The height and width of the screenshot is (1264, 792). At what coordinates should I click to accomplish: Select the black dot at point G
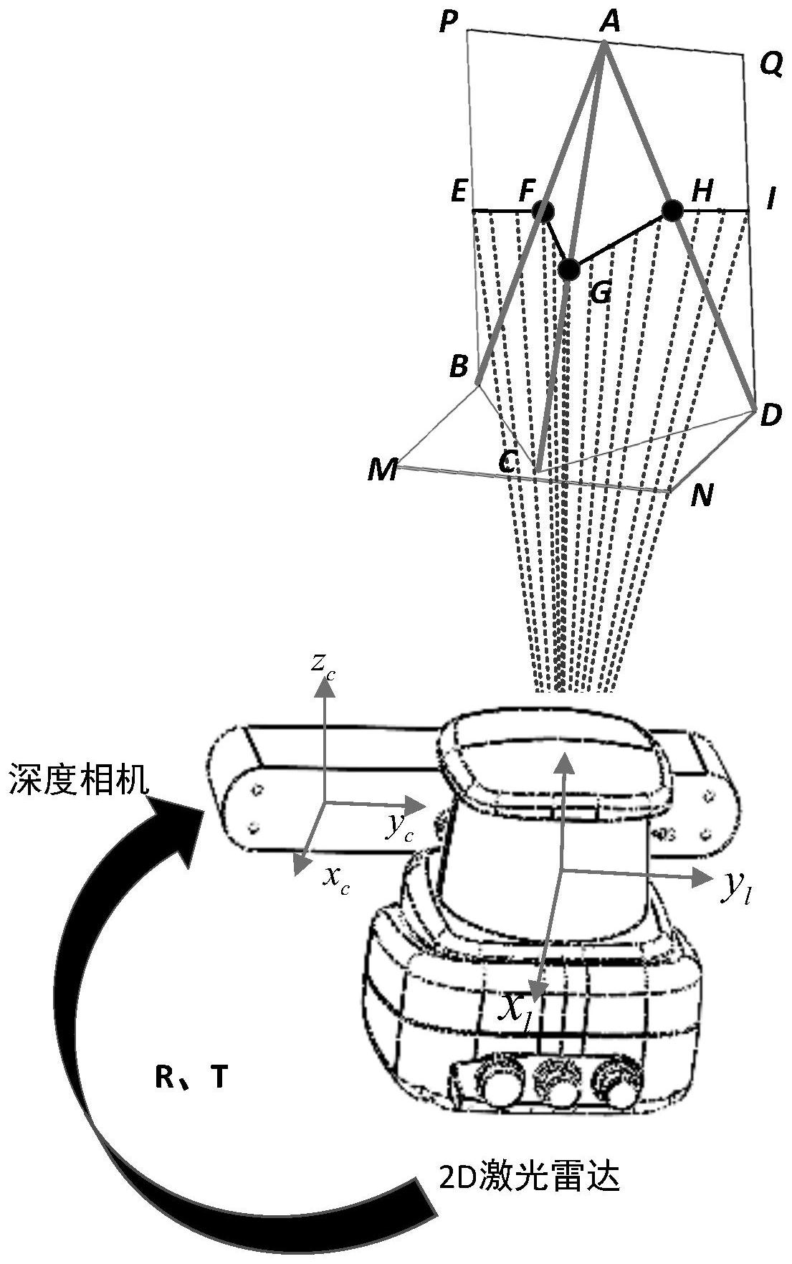[569, 269]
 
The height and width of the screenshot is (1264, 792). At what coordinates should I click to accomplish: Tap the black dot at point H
[672, 210]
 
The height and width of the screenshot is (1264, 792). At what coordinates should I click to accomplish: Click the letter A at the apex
[609, 22]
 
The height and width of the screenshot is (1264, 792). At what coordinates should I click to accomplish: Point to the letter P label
[448, 23]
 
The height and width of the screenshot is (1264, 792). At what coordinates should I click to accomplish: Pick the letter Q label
[770, 66]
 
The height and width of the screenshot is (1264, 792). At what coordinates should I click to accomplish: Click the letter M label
[383, 470]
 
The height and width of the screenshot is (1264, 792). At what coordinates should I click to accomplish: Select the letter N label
[702, 495]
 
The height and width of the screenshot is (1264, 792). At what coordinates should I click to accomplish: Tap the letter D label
[770, 416]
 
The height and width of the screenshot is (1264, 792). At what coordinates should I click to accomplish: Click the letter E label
[459, 192]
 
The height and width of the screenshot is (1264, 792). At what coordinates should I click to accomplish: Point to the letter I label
[770, 199]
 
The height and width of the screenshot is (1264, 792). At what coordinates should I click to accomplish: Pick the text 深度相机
[79, 779]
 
